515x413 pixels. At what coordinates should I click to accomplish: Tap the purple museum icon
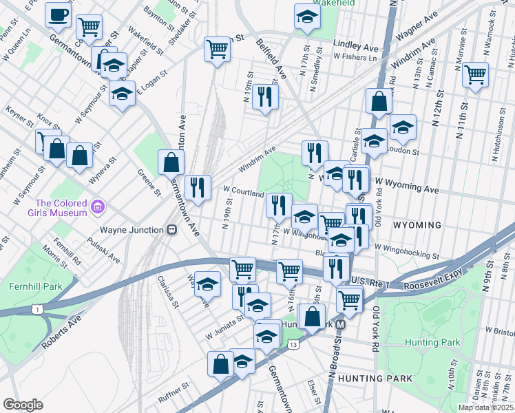pos(97,206)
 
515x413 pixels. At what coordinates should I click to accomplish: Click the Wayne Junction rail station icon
pos(171,231)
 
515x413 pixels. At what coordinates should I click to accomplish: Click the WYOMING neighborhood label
pos(416,225)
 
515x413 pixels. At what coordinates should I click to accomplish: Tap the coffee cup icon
pos(59,15)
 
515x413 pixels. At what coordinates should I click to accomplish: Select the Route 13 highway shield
pos(293,344)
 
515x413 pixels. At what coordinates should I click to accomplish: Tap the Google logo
pos(23,405)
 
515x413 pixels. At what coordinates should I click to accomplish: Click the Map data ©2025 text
pos(486,407)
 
